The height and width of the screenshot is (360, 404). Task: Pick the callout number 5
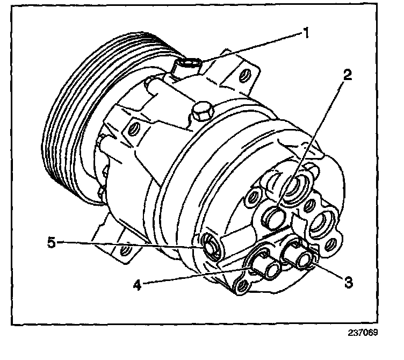pyautogui.click(x=51, y=242)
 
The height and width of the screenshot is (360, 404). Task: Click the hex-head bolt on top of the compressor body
pyautogui.click(x=203, y=112)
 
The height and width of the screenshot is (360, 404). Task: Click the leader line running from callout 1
pyautogui.click(x=252, y=47)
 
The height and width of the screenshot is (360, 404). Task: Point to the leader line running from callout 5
pyautogui.click(x=129, y=244)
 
